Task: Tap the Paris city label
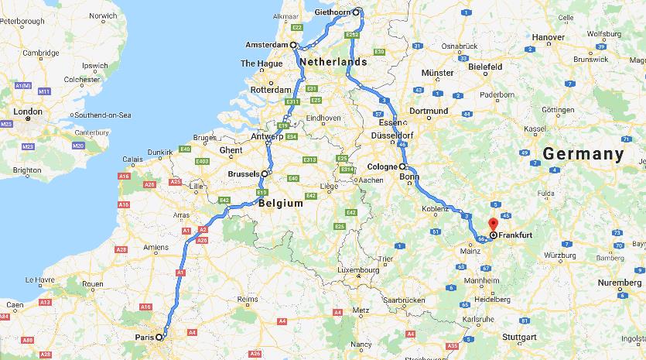click(144, 338)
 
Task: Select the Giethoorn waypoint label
click(333, 12)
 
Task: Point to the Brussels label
click(243, 174)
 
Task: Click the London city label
click(28, 111)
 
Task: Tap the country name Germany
click(583, 154)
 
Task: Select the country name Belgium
click(280, 204)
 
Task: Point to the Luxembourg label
click(338, 271)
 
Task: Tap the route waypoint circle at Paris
click(159, 338)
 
